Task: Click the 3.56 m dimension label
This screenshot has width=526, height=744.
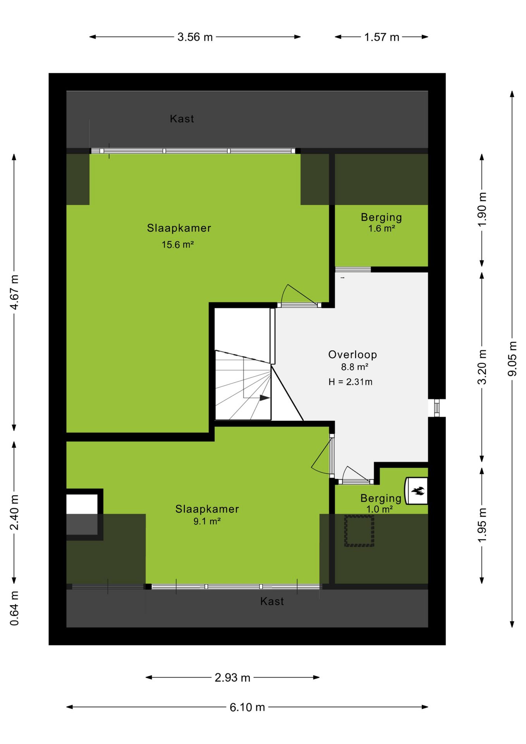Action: point(195,37)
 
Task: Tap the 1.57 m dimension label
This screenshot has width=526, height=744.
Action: point(382,37)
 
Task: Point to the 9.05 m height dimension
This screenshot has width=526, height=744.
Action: point(512,358)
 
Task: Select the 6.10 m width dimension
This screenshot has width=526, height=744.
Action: point(247,707)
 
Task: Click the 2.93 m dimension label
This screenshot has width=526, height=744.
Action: point(232,677)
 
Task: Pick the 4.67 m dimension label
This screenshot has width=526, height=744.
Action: point(14,292)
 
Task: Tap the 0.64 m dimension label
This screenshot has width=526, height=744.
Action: point(14,608)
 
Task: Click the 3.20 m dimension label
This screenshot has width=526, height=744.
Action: point(482,367)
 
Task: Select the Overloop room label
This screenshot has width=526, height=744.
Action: point(352,355)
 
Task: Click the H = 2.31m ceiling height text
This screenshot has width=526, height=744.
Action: point(351,382)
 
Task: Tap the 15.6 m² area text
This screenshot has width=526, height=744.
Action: point(178,245)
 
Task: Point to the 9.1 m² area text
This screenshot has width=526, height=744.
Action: point(207,521)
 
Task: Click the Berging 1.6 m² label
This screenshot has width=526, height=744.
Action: point(382,222)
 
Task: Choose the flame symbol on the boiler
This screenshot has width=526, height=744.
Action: point(418,491)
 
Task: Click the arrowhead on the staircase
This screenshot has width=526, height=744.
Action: point(265,398)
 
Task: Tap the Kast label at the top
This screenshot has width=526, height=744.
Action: point(182,119)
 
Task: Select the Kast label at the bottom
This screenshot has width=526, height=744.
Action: point(272,601)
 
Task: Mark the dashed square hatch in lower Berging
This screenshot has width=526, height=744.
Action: point(359,530)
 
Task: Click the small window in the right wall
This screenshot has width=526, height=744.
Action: point(437,408)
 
